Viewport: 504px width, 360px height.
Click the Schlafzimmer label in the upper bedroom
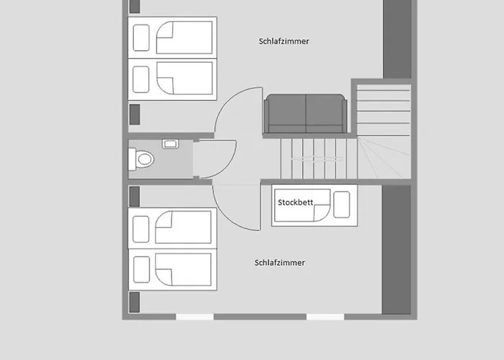(x=284, y=41)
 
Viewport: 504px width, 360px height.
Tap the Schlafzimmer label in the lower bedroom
(x=279, y=263)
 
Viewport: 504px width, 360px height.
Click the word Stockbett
(x=295, y=202)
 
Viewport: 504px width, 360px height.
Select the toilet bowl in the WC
(x=141, y=159)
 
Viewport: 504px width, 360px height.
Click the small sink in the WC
(x=171, y=144)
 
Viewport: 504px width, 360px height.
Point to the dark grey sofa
(x=305, y=114)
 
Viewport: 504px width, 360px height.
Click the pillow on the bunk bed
(x=342, y=204)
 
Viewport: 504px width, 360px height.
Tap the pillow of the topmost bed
(x=141, y=37)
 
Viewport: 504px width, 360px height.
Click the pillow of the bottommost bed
(x=141, y=269)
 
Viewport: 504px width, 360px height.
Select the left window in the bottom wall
(x=194, y=317)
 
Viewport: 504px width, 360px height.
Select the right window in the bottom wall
(x=325, y=317)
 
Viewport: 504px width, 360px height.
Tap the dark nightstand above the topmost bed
(x=135, y=6)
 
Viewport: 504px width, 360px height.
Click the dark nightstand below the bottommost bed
(x=135, y=302)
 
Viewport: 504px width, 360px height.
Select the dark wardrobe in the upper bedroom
(x=397, y=39)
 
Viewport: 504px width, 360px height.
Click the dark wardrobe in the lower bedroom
(x=396, y=250)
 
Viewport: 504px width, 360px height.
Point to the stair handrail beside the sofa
(x=317, y=158)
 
